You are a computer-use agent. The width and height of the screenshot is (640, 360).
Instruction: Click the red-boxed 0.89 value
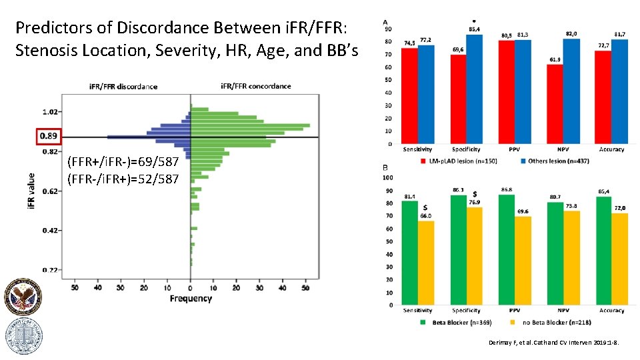click(48, 137)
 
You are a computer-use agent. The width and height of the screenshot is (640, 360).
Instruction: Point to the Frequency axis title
click(191, 299)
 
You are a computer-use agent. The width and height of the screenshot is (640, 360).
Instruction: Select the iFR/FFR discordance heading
click(123, 86)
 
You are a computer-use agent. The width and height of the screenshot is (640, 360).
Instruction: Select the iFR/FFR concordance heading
click(256, 86)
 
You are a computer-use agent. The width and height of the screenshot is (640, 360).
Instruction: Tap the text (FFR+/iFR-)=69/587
click(123, 163)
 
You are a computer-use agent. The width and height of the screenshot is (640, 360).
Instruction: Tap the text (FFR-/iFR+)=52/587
click(123, 179)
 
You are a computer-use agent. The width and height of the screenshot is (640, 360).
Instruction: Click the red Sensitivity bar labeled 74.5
click(409, 96)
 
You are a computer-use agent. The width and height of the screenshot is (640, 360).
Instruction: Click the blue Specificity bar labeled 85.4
click(473, 89)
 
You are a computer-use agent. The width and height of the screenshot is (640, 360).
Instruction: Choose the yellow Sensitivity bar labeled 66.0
click(425, 263)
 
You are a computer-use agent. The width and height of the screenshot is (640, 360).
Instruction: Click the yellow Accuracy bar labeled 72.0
click(619, 259)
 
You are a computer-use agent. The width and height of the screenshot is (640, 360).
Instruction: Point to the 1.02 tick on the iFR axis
click(51, 112)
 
